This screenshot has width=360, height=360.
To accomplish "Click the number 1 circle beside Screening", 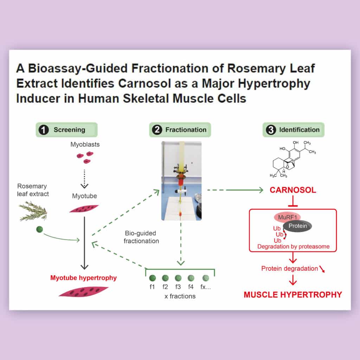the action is pos(44,130).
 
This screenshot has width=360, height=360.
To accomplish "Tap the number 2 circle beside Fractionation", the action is pos(157,130).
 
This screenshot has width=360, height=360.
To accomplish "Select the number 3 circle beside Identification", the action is pos(271,130).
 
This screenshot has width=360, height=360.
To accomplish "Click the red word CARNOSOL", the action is pos(293,190).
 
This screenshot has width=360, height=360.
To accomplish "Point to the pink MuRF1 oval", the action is pos(287,217).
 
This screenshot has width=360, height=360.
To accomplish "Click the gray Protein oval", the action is pos(297,226).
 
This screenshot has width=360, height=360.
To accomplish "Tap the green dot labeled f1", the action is pos(153,278).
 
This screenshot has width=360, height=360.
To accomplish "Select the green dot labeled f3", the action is pos(178,278).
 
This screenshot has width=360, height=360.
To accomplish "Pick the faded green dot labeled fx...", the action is pos(206,278).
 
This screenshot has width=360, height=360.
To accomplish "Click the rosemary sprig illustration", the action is pos(33,211).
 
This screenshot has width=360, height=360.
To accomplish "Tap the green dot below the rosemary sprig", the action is pos(39,229).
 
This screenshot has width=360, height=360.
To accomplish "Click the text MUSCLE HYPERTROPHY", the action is pos(293,295).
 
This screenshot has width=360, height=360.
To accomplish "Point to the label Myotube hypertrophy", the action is pos(83,278).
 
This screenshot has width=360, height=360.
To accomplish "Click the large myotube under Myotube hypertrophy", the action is pos(84,291).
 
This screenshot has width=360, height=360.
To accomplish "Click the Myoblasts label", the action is pos(85,144).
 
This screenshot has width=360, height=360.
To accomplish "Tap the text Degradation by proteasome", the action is pos(293,246).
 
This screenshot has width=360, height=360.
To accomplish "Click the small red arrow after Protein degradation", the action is pos(322,269).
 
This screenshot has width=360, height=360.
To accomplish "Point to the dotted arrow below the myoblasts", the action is pos(84,179).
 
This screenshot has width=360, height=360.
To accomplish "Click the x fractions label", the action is pos(180,296).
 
